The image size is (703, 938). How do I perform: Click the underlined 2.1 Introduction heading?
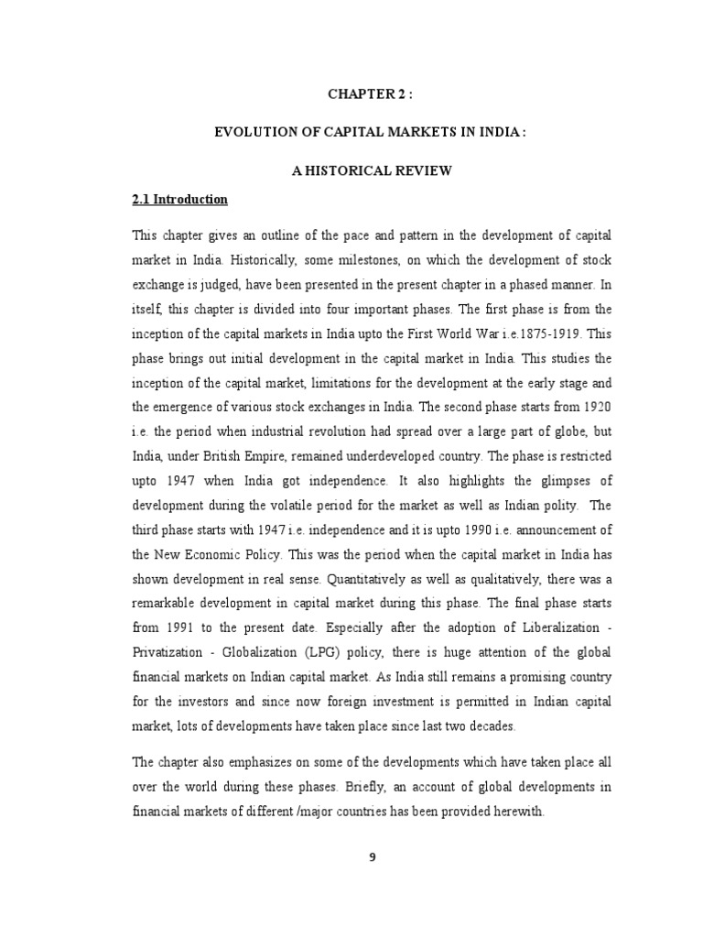click(180, 199)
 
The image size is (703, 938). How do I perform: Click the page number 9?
click(373, 857)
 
